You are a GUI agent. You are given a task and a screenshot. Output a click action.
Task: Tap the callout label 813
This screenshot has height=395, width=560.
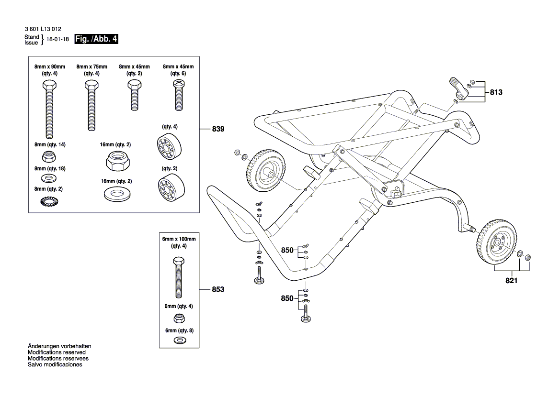(496, 92)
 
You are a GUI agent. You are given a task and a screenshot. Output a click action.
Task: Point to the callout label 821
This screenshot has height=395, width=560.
(511, 281)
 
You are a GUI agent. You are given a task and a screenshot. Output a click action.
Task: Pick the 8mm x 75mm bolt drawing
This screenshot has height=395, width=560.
(91, 106)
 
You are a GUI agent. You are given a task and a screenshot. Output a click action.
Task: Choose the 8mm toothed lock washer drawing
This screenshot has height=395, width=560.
(48, 201)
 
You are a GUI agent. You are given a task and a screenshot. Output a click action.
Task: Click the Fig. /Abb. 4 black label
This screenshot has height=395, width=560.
(96, 40)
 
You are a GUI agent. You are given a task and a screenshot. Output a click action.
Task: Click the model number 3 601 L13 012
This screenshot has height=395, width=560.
(43, 29)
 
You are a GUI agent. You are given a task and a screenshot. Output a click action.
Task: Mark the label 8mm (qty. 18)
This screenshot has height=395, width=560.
(48, 169)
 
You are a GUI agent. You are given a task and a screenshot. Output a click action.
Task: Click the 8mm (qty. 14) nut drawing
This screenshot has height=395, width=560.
(48, 156)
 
